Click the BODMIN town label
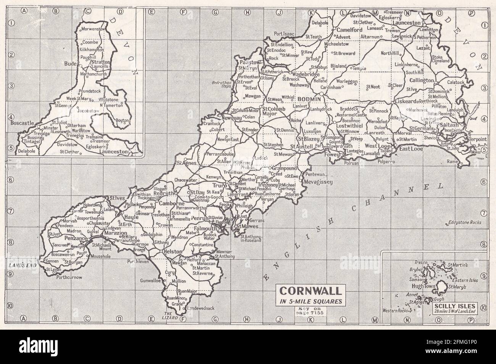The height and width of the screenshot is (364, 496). click(312, 98)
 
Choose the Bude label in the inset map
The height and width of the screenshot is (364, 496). click(71, 63)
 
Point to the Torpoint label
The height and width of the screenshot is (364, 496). click(477, 140)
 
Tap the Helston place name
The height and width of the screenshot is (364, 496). click(173, 252)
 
